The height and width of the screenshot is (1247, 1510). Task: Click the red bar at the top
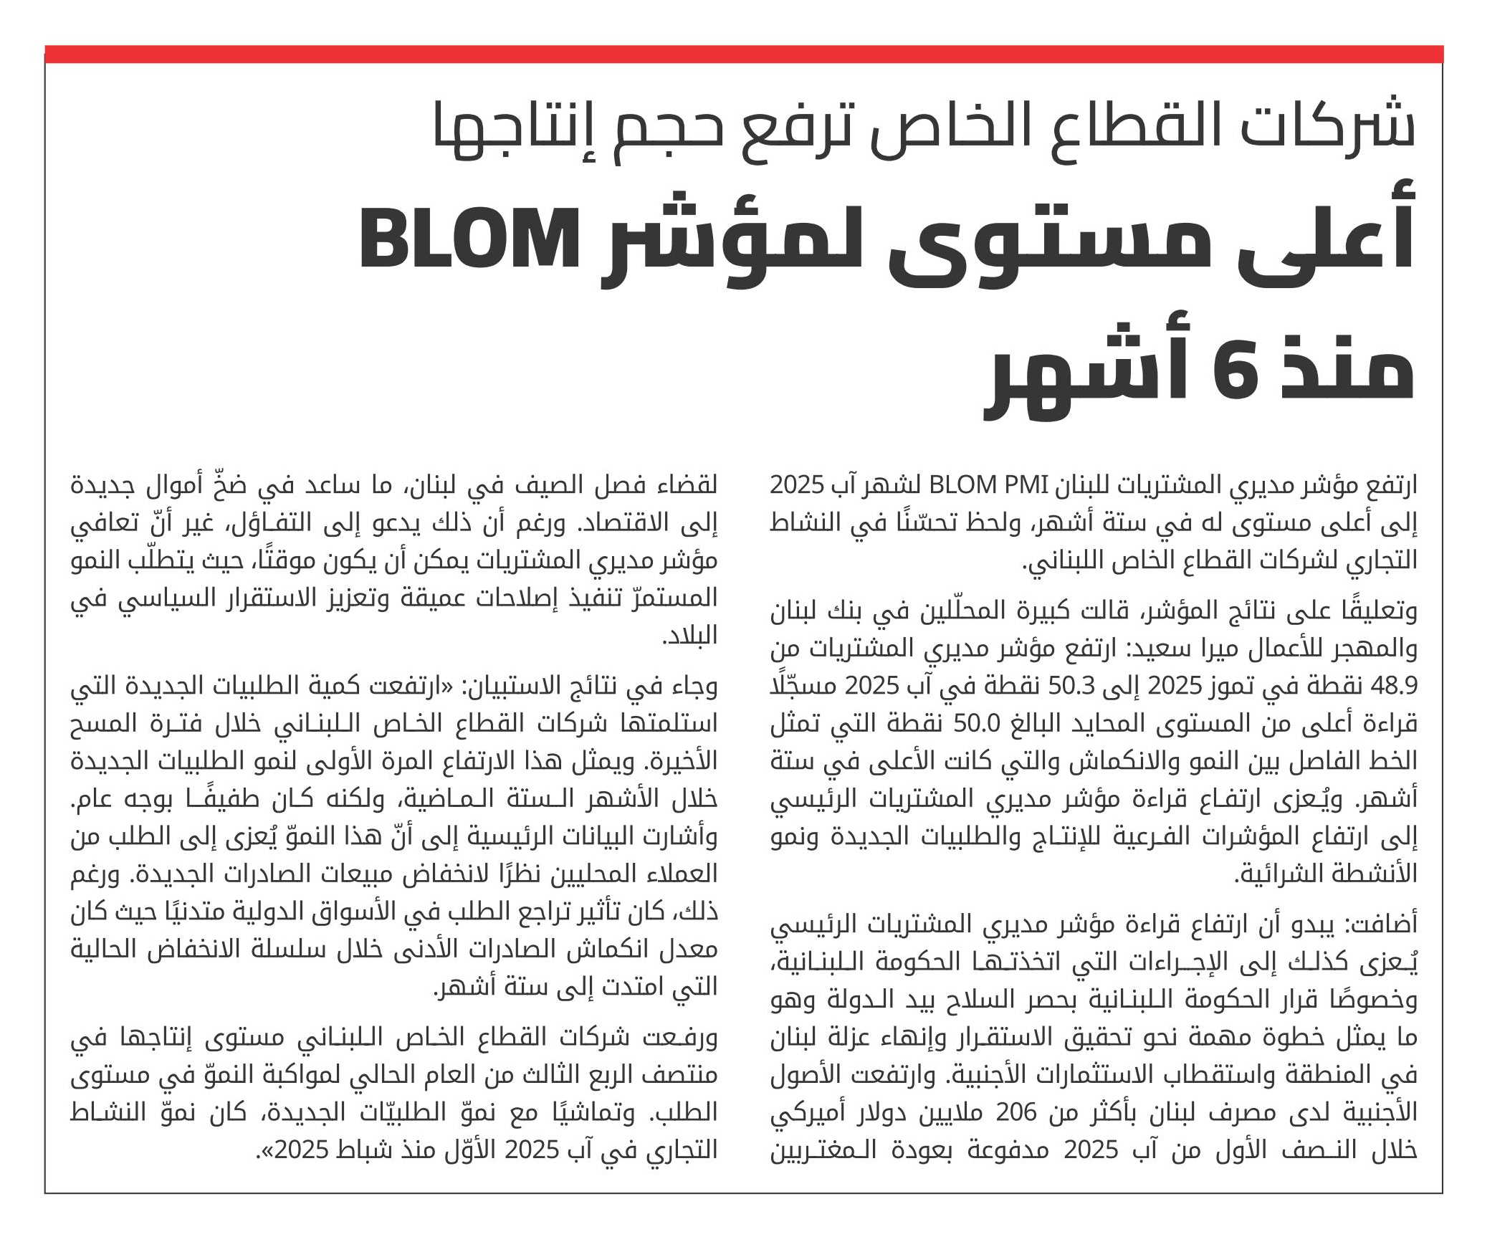[744, 54]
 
